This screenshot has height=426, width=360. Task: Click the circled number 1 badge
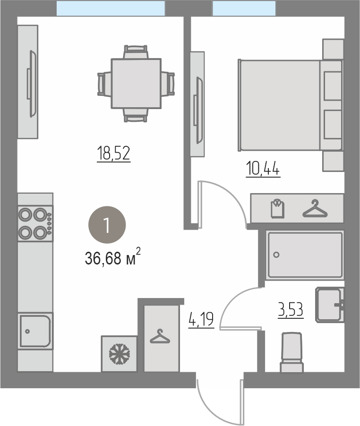(107, 225)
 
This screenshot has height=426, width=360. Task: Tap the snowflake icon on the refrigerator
(119, 354)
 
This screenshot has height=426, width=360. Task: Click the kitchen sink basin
(35, 331)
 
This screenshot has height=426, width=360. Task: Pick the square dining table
(136, 84)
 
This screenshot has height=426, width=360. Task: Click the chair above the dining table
(136, 52)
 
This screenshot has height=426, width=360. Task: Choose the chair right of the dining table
(168, 84)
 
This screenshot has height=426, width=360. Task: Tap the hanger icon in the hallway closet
(160, 336)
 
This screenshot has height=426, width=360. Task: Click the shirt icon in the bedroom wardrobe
(278, 208)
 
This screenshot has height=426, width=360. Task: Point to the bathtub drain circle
(276, 255)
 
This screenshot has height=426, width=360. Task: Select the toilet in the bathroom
(292, 352)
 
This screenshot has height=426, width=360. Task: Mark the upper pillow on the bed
(333, 86)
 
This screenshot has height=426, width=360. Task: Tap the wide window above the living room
(111, 8)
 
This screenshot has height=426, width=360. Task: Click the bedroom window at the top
(244, 8)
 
